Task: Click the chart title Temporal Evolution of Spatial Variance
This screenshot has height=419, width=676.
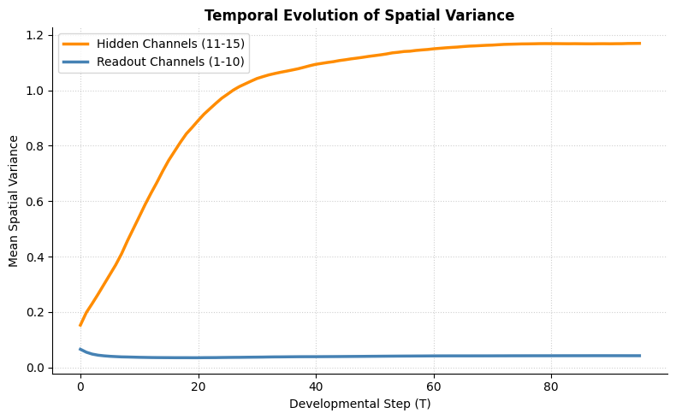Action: [359, 15]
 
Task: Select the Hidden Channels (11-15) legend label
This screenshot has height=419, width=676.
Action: [170, 44]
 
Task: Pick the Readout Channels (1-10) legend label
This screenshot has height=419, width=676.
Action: [170, 62]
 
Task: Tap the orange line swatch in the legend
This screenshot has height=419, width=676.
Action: [76, 44]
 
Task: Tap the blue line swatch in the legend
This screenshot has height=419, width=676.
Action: [76, 62]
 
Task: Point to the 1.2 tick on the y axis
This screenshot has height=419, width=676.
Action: [35, 35]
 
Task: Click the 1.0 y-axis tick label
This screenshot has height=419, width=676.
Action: [35, 91]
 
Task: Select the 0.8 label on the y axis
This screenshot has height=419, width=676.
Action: [35, 146]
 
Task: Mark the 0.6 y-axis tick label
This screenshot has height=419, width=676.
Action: [35, 202]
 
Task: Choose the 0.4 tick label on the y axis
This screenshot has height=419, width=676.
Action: [35, 257]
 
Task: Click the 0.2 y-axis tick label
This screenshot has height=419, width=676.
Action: [35, 313]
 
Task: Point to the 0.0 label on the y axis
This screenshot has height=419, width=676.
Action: [35, 368]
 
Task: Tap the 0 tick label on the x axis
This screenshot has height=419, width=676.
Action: [80, 387]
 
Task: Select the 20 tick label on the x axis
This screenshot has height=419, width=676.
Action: [199, 387]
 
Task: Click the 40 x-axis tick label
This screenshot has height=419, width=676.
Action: [316, 387]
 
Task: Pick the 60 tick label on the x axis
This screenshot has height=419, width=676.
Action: [433, 387]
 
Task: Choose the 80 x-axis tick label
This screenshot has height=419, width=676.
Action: [551, 387]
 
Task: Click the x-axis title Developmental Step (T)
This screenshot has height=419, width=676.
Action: [360, 404]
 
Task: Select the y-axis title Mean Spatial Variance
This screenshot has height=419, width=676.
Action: [14, 201]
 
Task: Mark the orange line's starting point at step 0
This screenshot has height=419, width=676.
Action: [80, 326]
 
